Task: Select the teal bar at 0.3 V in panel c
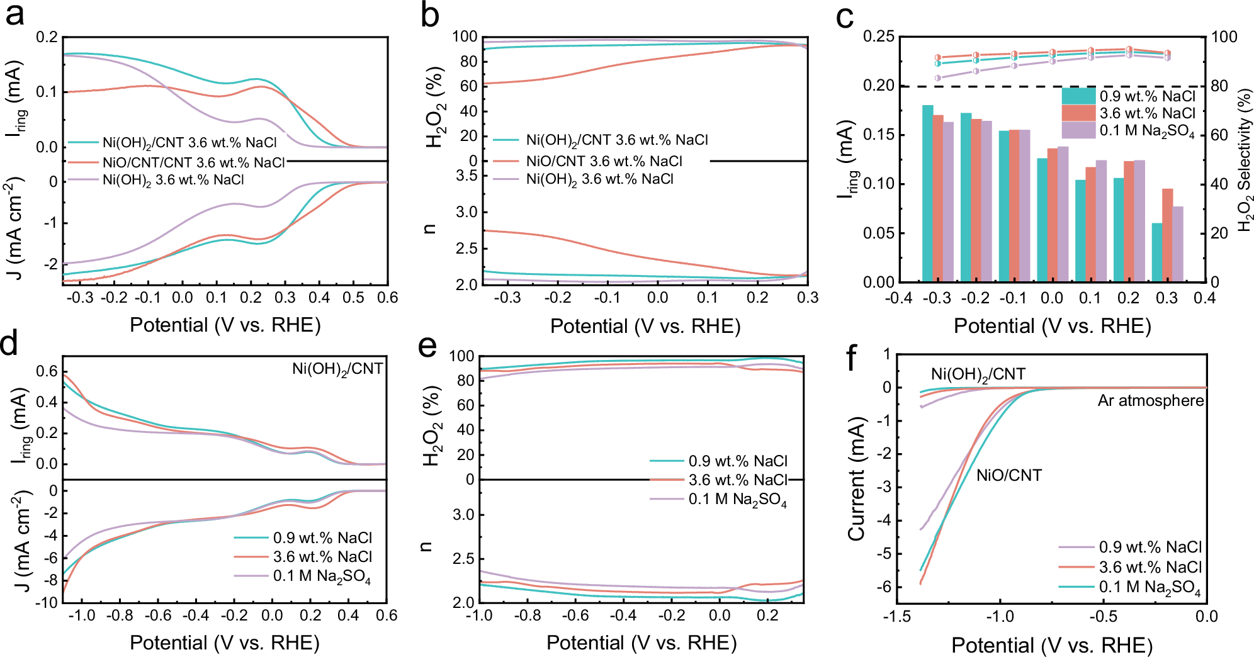1157,252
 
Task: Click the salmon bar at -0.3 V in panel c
938,198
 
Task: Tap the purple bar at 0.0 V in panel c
1063,214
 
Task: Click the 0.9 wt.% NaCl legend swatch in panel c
1079,96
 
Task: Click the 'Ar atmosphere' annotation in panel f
1151,401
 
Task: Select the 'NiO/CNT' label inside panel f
1009,475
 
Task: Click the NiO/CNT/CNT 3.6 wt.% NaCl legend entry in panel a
194,162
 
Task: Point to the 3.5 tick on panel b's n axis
466,176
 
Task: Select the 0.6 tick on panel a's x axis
387,297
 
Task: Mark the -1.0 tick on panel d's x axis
82,615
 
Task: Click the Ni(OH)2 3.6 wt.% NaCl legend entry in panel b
599,179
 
